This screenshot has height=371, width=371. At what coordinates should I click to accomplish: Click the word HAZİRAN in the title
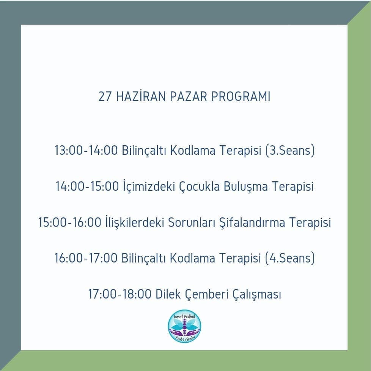(x=141, y=96)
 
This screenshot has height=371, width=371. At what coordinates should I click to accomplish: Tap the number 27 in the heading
(x=105, y=96)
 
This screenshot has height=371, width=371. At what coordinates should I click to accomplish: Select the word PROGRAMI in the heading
(x=241, y=96)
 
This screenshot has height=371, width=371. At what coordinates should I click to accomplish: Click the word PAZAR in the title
(x=188, y=96)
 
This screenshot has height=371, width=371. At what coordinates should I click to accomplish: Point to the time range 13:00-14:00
(x=86, y=150)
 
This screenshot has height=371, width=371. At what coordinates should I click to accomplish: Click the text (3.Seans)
(x=290, y=150)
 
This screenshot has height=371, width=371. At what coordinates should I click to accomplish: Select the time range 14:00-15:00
(x=87, y=186)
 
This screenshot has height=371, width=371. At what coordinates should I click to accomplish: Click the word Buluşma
(x=245, y=186)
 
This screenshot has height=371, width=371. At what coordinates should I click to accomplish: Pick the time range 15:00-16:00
(x=70, y=222)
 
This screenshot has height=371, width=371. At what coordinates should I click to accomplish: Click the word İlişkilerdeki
(x=135, y=222)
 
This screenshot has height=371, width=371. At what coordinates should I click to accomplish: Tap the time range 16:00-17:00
(x=86, y=258)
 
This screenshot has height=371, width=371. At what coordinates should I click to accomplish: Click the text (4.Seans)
(x=290, y=258)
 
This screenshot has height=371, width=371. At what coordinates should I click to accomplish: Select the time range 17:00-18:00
(x=120, y=294)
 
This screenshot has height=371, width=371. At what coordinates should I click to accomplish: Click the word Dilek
(x=168, y=294)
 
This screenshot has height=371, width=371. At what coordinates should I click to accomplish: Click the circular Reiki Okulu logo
(x=185, y=326)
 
